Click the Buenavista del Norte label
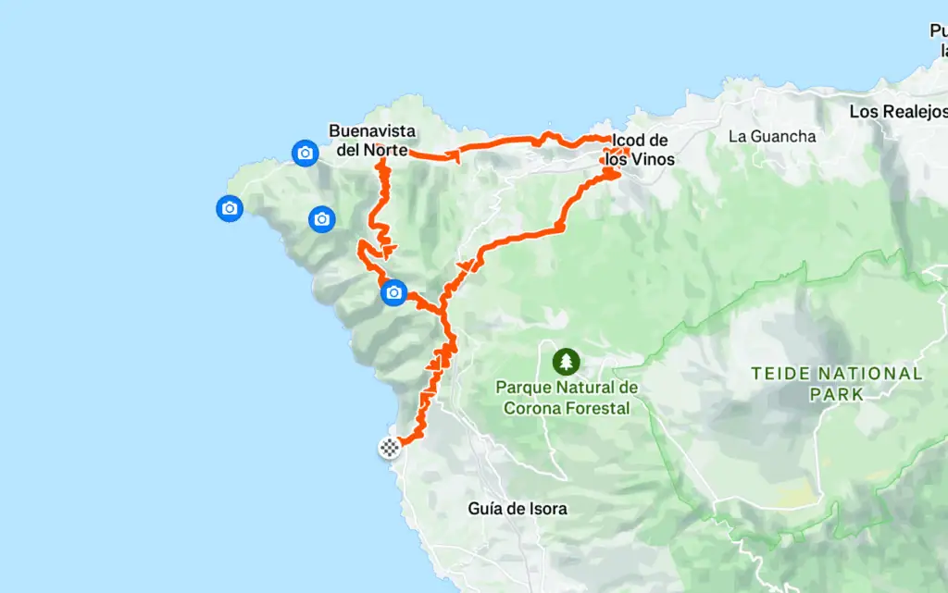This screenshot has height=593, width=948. coord(371,140)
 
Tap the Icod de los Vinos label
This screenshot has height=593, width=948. coord(640,150)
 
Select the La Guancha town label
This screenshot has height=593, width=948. coord(772,136)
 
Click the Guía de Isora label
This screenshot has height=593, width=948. coord(518,508)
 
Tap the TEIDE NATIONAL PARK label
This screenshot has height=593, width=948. coord(837,383)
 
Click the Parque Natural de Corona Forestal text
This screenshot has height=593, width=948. coord(566,397)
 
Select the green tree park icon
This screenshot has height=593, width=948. coord(566,361)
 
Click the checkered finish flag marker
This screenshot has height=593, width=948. coord(391,449)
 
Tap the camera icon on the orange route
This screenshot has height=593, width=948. coord(394,293)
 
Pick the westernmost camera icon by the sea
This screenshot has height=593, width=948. coord(230,209)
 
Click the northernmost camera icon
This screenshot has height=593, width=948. coord(305,153)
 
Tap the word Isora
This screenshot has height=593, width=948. coord(544,508)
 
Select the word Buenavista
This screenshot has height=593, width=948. coord(371,130)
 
